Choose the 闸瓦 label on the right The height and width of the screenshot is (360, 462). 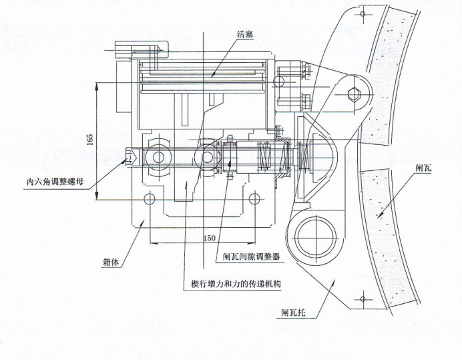click(423, 168)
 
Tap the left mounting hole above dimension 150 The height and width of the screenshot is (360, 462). click(149, 198)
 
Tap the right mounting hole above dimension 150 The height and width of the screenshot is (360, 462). click(255, 198)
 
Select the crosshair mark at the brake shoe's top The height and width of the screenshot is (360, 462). click(361, 12)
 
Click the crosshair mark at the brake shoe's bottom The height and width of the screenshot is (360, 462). click(361, 299)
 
